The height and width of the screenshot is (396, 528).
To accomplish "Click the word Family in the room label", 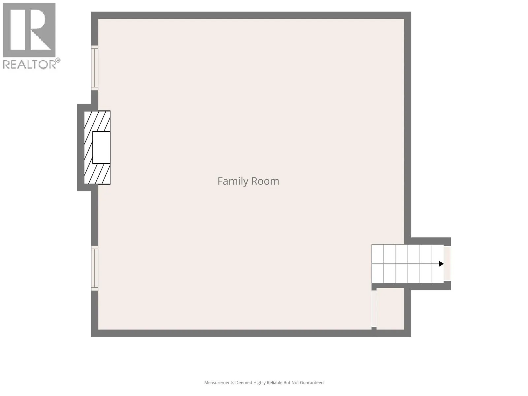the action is (x=233, y=181).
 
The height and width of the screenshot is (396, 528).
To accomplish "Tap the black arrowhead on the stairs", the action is (x=441, y=264).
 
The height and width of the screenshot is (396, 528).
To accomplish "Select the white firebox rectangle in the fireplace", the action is (x=101, y=148).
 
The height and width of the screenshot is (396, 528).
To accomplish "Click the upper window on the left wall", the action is (x=94, y=68).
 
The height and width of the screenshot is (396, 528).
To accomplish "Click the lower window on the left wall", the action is (x=94, y=268).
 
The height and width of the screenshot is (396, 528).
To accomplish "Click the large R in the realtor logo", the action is (x=29, y=30).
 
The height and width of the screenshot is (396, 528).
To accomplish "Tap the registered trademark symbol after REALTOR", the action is (x=58, y=60).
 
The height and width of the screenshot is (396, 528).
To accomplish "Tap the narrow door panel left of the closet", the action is (x=374, y=309).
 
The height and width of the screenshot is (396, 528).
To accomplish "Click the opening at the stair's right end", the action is (x=447, y=264).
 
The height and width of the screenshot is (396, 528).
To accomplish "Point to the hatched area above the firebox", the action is (x=97, y=121).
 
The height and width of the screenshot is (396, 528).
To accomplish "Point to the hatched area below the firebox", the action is (x=97, y=174).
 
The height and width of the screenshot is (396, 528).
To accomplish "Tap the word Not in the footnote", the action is (x=295, y=382).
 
